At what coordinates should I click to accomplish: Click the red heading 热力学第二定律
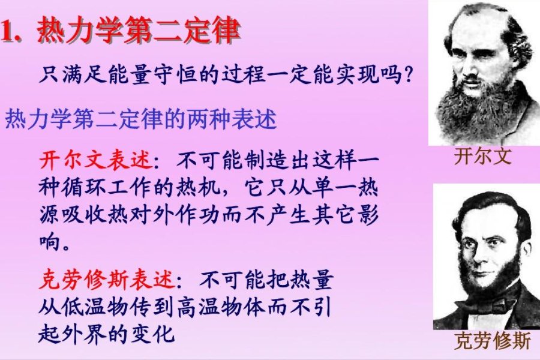[139, 31]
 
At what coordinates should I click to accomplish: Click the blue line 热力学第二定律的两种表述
[141, 120]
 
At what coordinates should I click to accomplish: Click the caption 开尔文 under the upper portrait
[483, 157]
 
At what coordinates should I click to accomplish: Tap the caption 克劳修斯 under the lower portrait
[493, 341]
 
